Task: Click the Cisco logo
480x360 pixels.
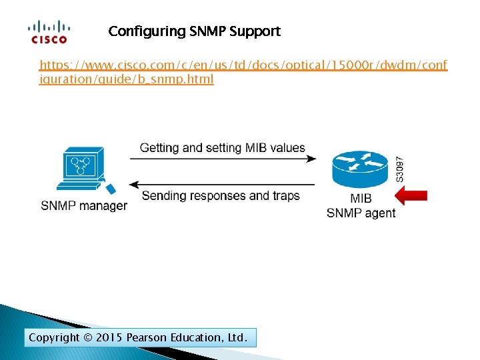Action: coord(47,32)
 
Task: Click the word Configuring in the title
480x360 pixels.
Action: coord(140,31)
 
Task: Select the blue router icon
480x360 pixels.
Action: coord(360,169)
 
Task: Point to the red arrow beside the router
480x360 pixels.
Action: coord(411,195)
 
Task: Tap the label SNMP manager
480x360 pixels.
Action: coord(83,205)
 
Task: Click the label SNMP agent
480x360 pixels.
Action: coord(361,213)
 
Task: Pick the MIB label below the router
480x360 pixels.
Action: coord(361,199)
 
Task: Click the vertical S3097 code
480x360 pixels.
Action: coord(399,169)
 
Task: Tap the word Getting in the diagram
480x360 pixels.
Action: coord(159,147)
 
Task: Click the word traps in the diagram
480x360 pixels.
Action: coord(285,196)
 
